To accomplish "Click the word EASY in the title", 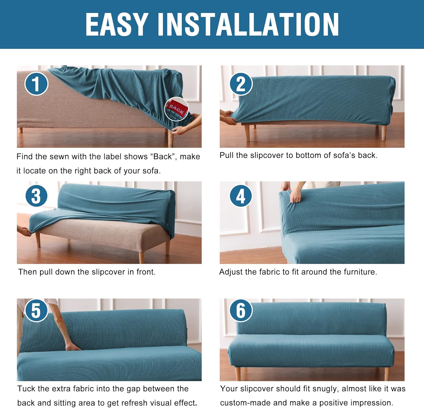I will (117, 25).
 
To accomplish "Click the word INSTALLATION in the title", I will (248, 25).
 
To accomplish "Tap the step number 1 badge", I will (36, 84).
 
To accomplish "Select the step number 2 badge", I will (241, 84).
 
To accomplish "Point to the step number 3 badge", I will (36, 196).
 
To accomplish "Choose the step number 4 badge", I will (241, 196).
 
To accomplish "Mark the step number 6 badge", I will (241, 310).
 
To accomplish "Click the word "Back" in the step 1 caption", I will (163, 157).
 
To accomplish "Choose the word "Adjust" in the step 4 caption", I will (231, 272).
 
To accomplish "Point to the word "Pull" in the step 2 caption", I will (226, 155).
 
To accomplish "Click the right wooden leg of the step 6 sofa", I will (386, 373).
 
